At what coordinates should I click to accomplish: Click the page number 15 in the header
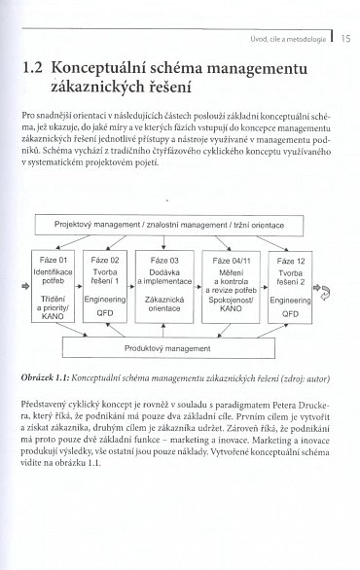(x=344, y=40)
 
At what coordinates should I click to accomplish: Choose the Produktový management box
(x=180, y=345)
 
